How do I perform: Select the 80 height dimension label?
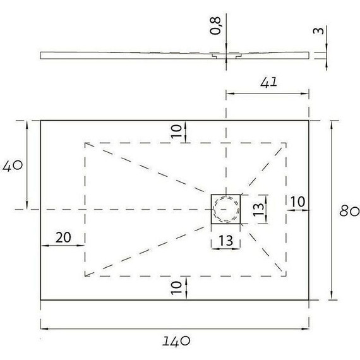pos(349,211)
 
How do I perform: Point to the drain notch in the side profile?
pos(220,56)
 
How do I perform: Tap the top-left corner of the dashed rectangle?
pos(85,143)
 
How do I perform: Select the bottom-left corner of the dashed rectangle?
pos(85,276)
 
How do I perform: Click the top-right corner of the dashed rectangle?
pos(287,143)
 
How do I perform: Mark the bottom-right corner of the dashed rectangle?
pos(287,276)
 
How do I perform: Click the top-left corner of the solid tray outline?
pos(41,120)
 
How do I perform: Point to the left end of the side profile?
pos(42,55)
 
